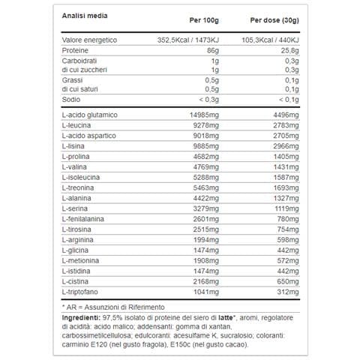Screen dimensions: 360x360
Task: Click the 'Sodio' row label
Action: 72,98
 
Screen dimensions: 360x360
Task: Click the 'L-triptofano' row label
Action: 81,289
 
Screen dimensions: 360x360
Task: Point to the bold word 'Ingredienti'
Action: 84,318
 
